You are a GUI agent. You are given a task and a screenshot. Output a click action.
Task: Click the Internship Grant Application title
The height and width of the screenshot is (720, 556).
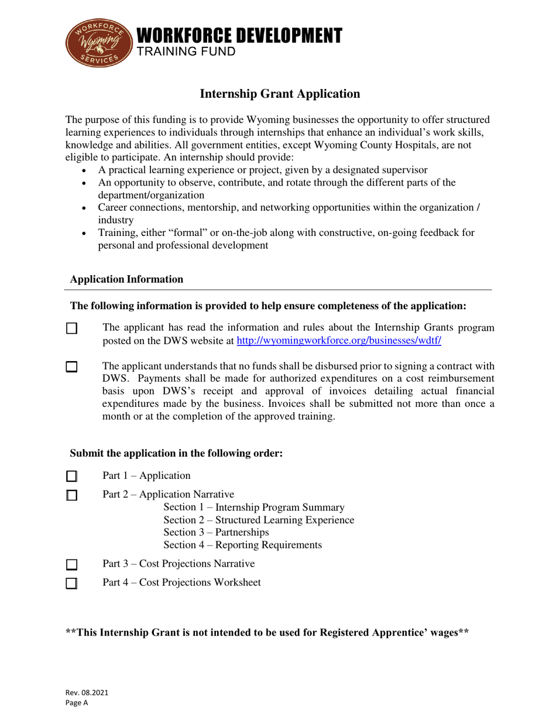click(x=280, y=93)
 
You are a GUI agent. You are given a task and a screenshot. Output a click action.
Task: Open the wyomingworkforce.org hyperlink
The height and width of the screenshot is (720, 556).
click(x=338, y=340)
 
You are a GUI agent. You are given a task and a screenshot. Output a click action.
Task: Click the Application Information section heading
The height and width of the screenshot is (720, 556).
click(x=126, y=279)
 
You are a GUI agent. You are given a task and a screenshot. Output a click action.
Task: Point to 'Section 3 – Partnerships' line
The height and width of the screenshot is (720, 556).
click(x=216, y=532)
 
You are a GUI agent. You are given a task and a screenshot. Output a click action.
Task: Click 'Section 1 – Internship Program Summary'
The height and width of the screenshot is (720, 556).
click(x=254, y=506)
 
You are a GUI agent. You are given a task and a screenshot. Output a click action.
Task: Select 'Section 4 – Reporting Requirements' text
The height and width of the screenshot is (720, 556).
click(x=242, y=545)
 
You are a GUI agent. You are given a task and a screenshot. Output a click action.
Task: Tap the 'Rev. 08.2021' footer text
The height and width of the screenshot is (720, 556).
click(x=87, y=692)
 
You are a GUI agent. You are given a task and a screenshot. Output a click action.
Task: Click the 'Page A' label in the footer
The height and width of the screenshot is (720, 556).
click(x=76, y=704)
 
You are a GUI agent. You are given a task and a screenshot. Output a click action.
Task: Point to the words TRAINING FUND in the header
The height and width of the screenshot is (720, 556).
click(x=186, y=52)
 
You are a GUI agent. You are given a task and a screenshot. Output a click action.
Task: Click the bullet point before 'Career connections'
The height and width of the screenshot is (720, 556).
click(x=86, y=208)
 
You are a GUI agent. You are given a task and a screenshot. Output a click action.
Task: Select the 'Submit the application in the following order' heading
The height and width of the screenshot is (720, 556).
click(x=176, y=453)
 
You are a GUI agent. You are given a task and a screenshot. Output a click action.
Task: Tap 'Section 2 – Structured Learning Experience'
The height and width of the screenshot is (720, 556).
click(x=259, y=519)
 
